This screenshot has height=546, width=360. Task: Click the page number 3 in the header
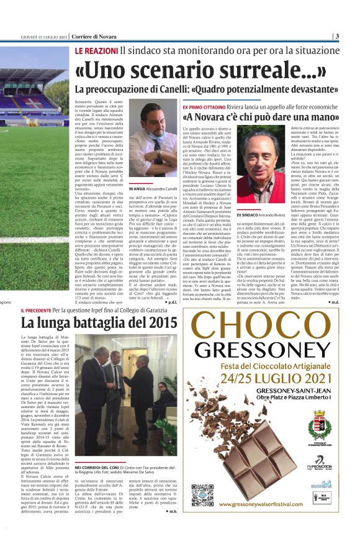(336, 36)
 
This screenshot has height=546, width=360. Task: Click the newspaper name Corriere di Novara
(93, 36)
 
